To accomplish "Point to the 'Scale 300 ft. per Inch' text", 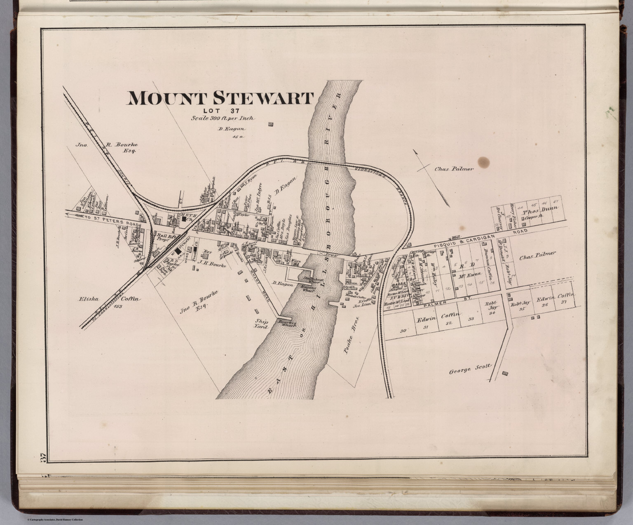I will click(222, 118).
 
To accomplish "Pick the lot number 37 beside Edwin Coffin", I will click(563, 303).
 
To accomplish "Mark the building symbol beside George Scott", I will click(505, 374).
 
